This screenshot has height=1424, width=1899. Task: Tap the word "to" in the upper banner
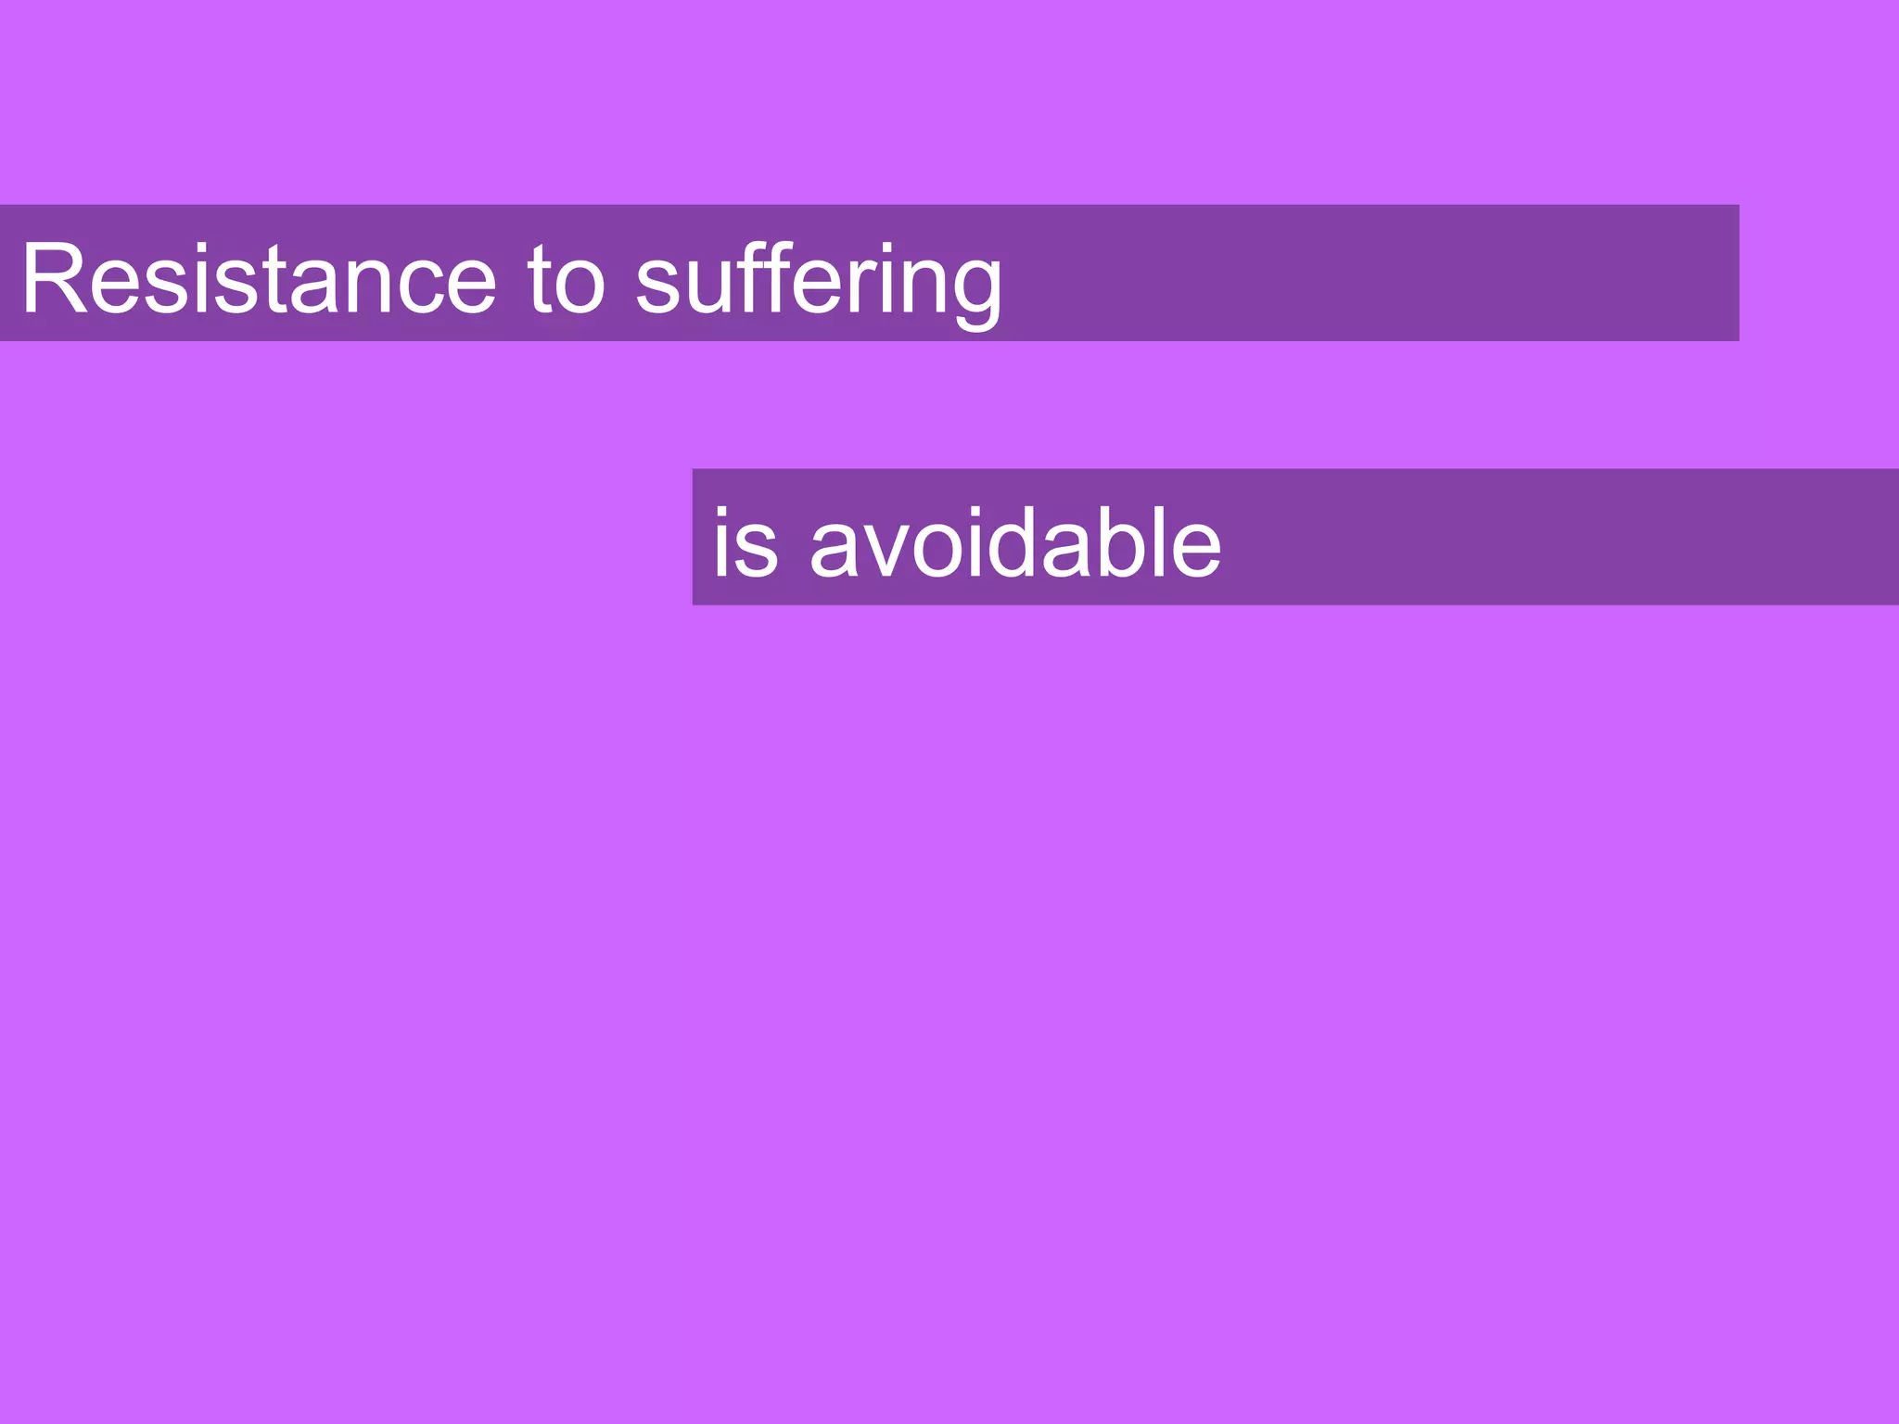coord(566,278)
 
